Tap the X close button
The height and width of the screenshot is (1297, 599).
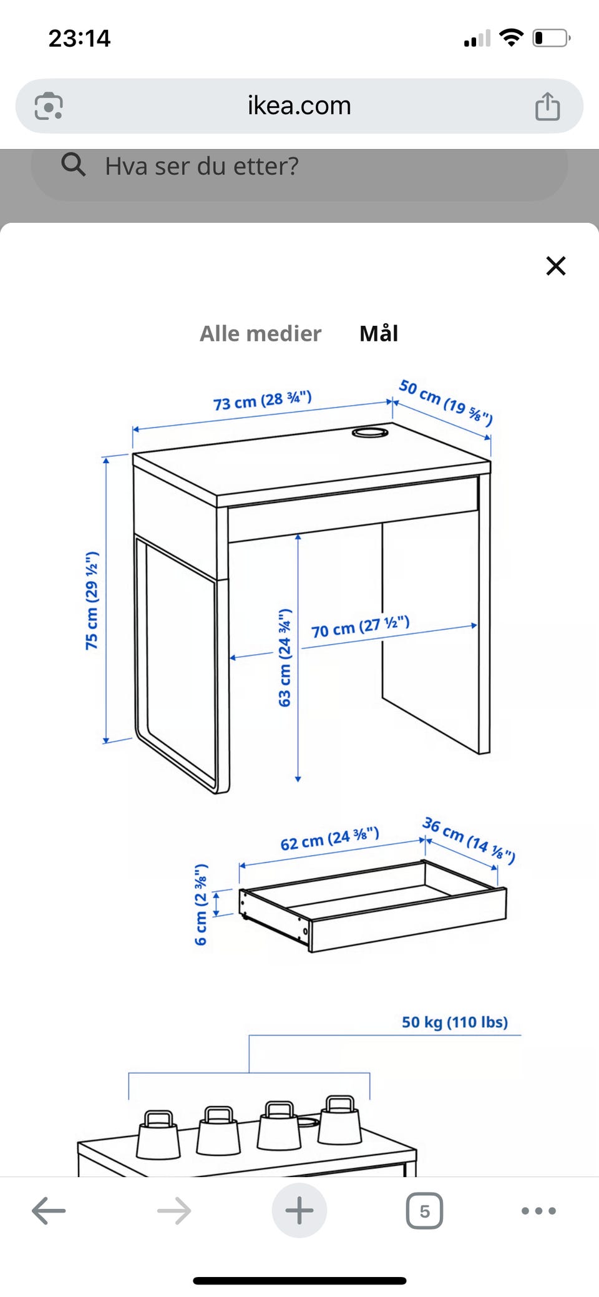tap(555, 266)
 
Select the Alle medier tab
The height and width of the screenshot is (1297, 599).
tap(260, 333)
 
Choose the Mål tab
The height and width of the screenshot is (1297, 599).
tap(379, 333)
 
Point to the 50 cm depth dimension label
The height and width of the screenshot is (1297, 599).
tap(446, 403)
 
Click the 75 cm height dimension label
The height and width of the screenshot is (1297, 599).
tap(92, 600)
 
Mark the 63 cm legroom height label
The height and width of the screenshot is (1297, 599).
tap(285, 657)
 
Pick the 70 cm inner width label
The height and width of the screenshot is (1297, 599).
tap(361, 627)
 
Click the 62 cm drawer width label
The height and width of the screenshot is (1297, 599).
tap(329, 839)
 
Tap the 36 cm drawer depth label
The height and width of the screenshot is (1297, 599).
tap(469, 840)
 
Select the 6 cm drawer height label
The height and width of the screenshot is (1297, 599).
tap(200, 905)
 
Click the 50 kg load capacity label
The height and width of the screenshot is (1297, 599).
tap(454, 1022)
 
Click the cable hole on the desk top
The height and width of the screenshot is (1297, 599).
tap(369, 432)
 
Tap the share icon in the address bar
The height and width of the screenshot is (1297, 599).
tap(547, 105)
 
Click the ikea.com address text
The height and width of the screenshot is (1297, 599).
tap(299, 105)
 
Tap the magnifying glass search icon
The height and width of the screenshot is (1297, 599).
tap(73, 165)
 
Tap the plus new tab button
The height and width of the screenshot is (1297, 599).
tap(299, 1210)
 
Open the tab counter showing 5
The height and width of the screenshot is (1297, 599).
tap(424, 1211)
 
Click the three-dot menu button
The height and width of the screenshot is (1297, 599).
tap(538, 1211)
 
